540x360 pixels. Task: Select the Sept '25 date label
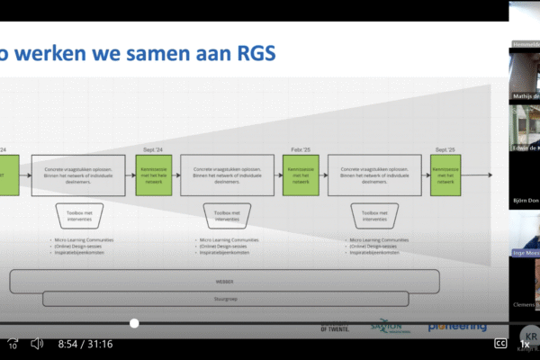click(x=445, y=148)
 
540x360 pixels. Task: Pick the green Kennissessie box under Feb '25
click(x=301, y=175)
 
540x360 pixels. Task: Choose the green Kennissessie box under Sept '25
click(x=447, y=175)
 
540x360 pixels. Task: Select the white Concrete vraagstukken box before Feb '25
click(x=229, y=175)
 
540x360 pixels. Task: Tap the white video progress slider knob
click(x=134, y=323)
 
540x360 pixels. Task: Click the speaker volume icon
click(x=38, y=344)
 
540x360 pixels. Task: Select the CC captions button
click(x=500, y=343)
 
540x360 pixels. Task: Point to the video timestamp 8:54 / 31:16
click(x=86, y=344)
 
